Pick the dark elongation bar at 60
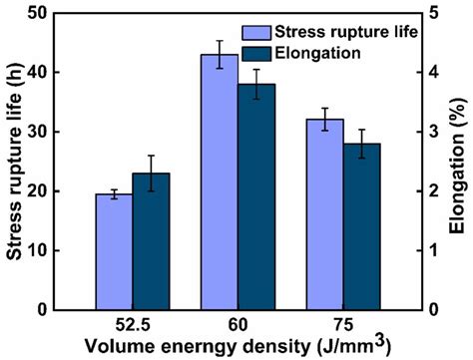256,196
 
